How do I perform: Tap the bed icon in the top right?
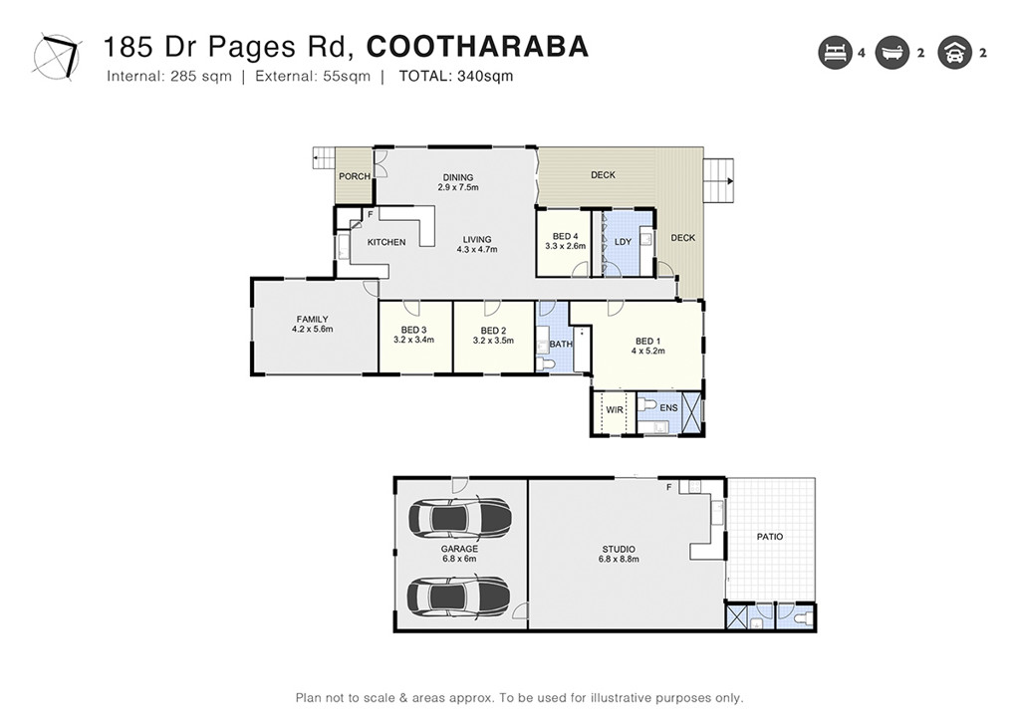(x=835, y=54)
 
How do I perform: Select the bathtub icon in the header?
(x=892, y=54)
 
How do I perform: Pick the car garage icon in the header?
(x=953, y=54)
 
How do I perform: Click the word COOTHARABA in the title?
(x=477, y=47)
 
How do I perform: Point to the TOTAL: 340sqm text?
(x=456, y=77)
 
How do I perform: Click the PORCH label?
(x=355, y=176)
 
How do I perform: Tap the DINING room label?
(x=458, y=178)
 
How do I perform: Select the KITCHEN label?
(x=386, y=242)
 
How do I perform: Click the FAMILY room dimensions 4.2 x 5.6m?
(x=312, y=329)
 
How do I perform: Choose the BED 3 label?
(x=413, y=331)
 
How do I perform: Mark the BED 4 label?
(x=564, y=236)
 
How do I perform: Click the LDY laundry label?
(x=624, y=242)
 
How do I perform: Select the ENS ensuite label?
(x=668, y=407)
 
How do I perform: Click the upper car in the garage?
(x=459, y=517)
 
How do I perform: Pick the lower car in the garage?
(x=459, y=597)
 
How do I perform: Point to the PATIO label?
(x=770, y=537)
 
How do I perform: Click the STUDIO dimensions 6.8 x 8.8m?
(x=618, y=560)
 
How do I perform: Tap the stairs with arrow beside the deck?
(x=718, y=180)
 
